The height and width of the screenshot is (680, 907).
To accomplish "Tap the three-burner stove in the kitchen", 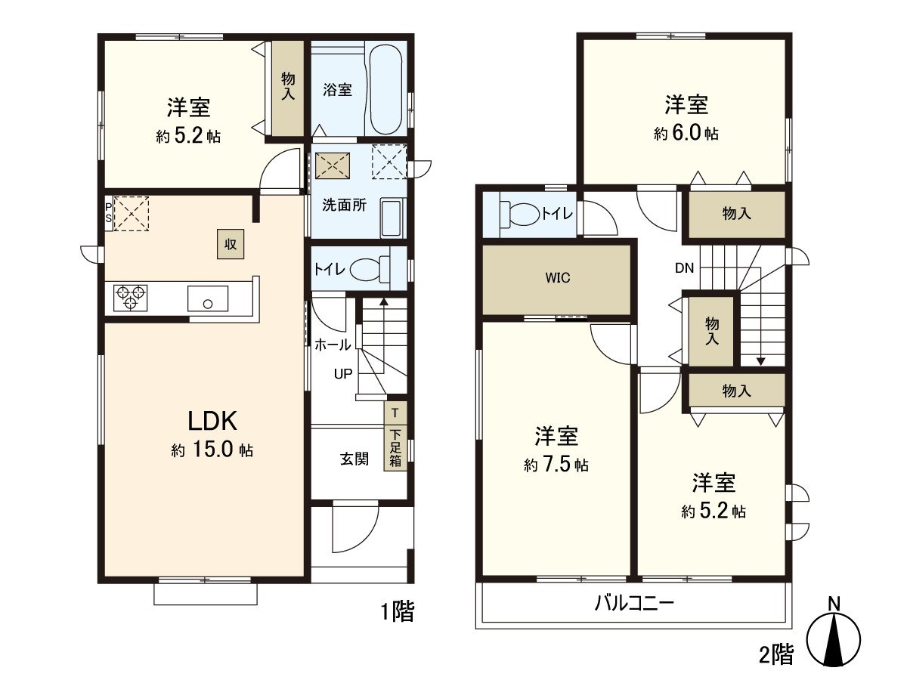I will point(129,296).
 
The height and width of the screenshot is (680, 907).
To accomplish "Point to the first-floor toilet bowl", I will point(369,269).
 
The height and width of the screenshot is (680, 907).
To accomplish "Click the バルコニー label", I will point(633,604).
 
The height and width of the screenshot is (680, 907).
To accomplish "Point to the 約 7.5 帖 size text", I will point(557,465).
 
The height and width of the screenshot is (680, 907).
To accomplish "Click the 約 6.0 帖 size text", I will point(686,134).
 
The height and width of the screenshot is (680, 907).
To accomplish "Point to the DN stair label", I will point(685,268).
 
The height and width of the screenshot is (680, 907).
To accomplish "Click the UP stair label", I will point(344,373).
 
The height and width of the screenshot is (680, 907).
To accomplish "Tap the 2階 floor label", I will point(776,654).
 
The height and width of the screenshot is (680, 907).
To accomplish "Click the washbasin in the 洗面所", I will point(391,218).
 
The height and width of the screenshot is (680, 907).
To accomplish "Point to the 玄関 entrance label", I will point(354,459).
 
